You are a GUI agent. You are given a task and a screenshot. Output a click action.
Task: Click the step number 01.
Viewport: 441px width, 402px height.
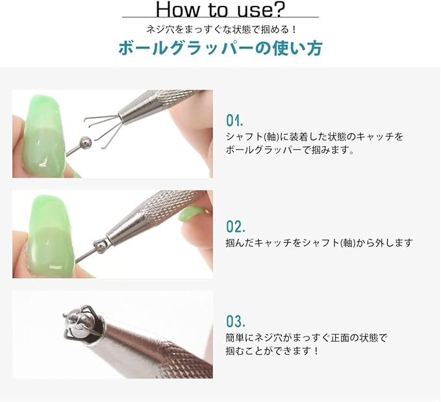[x=234, y=121]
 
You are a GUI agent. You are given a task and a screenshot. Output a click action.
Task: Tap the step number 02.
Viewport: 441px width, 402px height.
[x=235, y=227]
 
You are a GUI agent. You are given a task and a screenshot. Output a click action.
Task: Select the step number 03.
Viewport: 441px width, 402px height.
[x=235, y=321]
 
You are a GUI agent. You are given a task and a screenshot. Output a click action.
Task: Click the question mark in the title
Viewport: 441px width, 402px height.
[x=277, y=9]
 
